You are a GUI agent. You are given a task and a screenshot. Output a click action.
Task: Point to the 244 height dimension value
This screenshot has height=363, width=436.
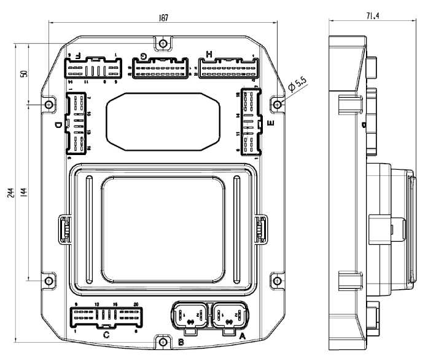pos(10,192)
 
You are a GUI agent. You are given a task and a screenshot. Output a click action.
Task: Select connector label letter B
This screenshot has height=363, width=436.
pos(181,341)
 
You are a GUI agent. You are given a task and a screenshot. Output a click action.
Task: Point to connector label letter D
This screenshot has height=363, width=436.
pos(57,126)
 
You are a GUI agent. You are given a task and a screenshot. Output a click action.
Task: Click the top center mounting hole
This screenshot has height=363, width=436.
pos(162,44)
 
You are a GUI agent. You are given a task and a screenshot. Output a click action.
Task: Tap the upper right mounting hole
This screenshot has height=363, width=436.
pos(278,105)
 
